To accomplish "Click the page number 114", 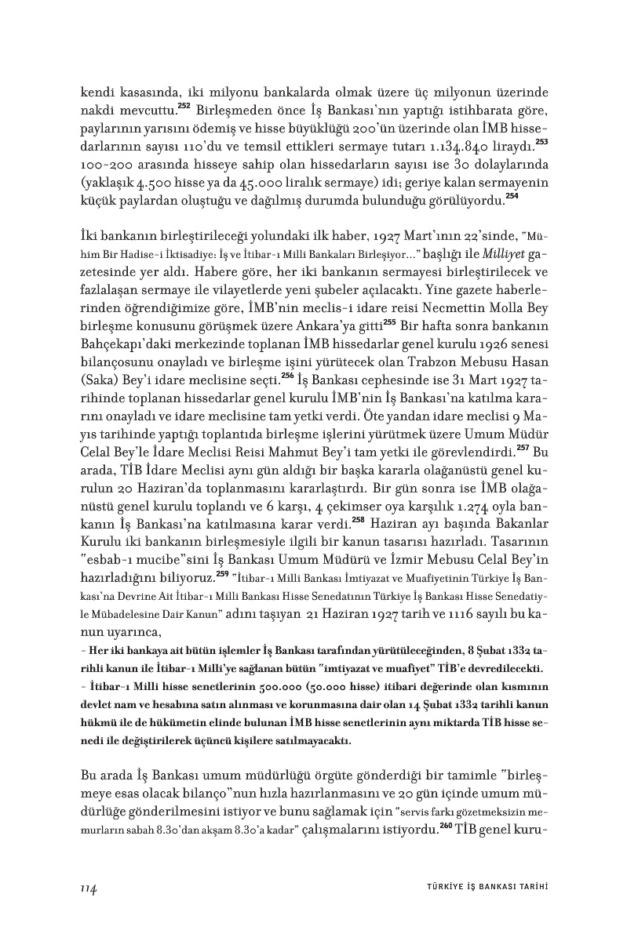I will (x=88, y=888).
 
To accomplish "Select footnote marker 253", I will (x=541, y=142).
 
